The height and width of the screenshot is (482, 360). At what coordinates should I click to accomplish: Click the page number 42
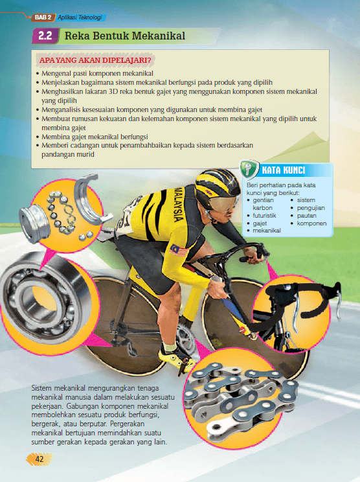(39, 459)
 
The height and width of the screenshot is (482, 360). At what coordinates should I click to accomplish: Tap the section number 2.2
(45, 36)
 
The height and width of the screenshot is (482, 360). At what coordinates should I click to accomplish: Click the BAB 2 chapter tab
(43, 17)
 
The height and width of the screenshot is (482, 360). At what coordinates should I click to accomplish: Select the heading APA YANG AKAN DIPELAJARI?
(95, 60)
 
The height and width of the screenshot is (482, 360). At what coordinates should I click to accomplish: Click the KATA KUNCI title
(284, 170)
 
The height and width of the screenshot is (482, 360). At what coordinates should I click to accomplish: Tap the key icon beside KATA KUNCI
(249, 169)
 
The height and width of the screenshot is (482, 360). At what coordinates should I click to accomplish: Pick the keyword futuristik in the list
(264, 216)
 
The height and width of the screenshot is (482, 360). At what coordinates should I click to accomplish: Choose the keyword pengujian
(311, 208)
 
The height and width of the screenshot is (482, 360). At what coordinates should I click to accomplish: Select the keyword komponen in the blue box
(311, 224)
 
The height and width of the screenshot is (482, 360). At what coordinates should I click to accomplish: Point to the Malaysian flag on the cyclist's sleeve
(179, 250)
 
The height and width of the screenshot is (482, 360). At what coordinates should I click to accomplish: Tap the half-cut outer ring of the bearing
(90, 200)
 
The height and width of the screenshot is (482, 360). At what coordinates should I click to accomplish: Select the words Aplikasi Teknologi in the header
(80, 17)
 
